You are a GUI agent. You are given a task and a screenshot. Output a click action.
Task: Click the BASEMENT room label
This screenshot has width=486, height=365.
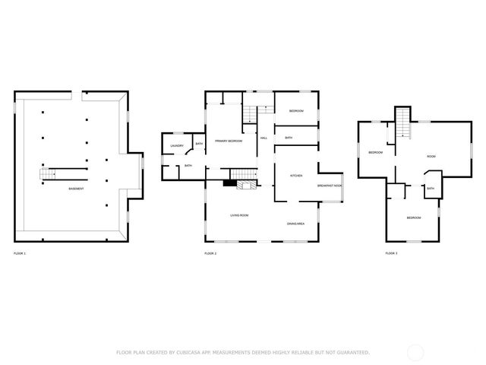[76, 189]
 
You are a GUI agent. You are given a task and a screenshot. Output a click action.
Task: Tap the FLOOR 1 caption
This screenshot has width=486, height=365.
[20, 252]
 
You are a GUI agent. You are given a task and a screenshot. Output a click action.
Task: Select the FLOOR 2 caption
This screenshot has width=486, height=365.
[210, 252]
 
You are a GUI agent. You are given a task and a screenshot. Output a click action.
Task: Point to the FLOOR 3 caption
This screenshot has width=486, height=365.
[391, 252]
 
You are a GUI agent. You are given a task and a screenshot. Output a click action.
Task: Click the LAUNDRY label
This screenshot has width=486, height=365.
[177, 145]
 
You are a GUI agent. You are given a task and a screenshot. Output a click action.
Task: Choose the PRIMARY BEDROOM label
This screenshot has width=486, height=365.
[229, 141]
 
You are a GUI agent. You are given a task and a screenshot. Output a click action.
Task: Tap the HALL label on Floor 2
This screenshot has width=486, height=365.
[264, 138]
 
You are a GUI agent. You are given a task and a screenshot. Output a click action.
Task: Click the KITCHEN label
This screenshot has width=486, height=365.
[296, 176]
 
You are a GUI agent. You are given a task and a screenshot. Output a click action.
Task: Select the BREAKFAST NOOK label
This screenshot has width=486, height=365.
[330, 186]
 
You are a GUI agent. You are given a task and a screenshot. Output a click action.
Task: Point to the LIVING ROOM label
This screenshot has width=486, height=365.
[239, 215]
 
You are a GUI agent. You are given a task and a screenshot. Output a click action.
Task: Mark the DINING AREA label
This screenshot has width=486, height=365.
[296, 224]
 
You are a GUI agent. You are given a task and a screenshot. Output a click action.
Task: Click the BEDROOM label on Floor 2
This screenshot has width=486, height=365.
[296, 112]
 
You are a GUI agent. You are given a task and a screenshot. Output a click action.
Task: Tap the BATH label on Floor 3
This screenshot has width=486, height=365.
[431, 189]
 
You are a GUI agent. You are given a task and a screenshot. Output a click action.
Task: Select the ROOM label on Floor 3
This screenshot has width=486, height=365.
[431, 156]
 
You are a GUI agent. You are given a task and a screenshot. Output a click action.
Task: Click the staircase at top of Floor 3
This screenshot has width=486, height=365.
[401, 123]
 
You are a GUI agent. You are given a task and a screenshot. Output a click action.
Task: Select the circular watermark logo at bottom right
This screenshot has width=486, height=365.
[415, 352]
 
